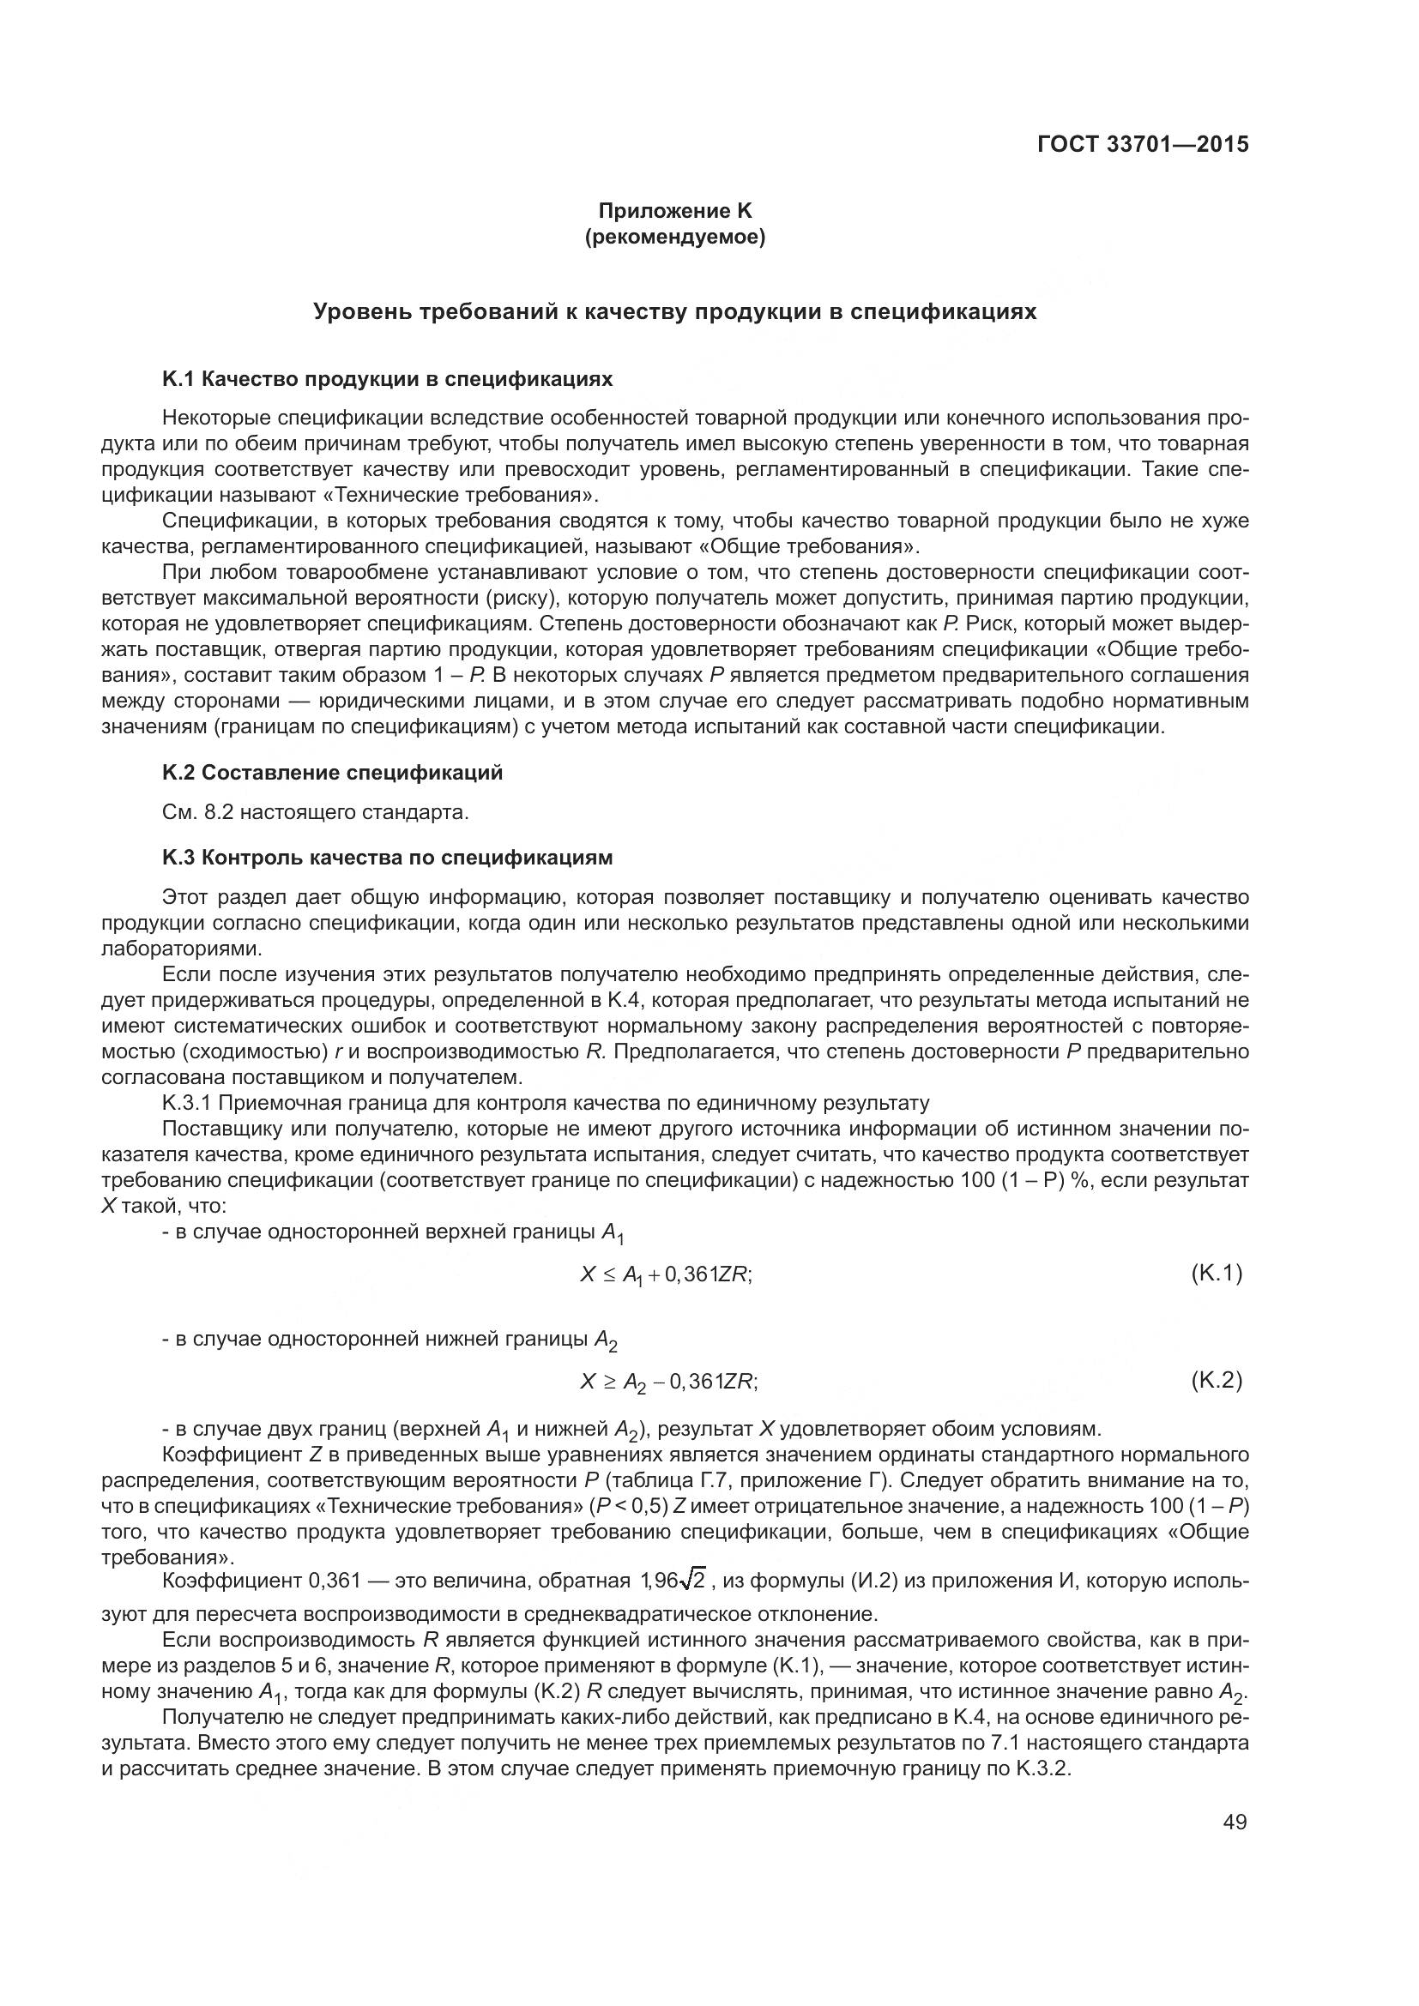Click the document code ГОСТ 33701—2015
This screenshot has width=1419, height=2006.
(x=1142, y=145)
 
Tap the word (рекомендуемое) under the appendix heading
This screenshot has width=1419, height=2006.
(x=673, y=237)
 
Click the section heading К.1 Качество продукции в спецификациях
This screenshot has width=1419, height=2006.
(x=387, y=379)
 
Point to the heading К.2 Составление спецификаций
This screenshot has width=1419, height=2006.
(x=332, y=773)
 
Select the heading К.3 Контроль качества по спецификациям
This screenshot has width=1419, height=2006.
(x=387, y=857)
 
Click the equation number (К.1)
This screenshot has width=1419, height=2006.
(x=1216, y=1274)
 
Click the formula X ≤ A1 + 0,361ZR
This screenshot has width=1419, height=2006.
(x=666, y=1274)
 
